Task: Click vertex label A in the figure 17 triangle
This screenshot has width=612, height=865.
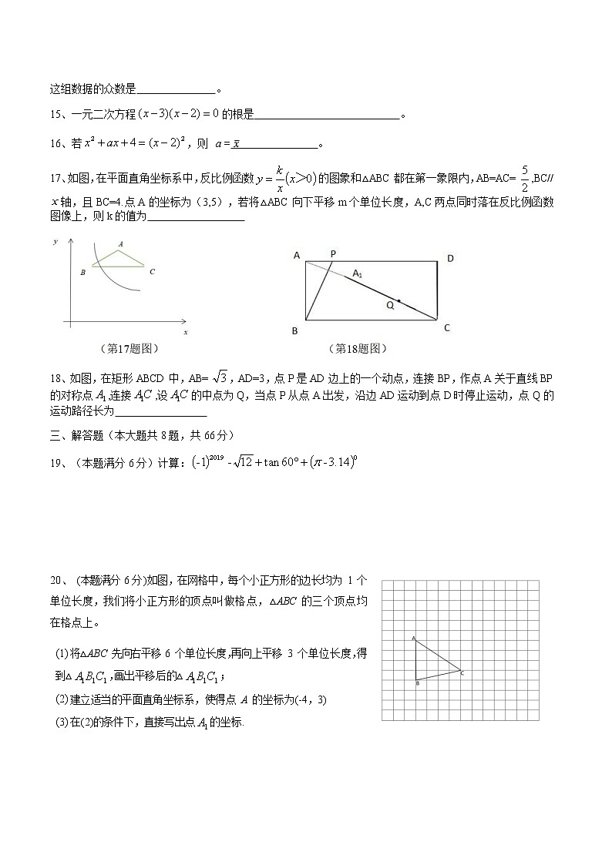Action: [120, 243]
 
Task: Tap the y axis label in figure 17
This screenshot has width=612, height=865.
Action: [55, 242]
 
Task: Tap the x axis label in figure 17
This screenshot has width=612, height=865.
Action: [186, 332]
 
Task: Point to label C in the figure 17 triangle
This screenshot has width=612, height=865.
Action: [152, 271]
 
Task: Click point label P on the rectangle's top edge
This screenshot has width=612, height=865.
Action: [333, 253]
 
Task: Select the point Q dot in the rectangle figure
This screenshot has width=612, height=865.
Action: [398, 300]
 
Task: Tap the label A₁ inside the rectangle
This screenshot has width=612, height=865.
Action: [358, 273]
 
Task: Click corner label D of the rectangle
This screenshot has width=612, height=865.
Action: [450, 259]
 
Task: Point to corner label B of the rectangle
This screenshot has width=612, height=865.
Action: [295, 330]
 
